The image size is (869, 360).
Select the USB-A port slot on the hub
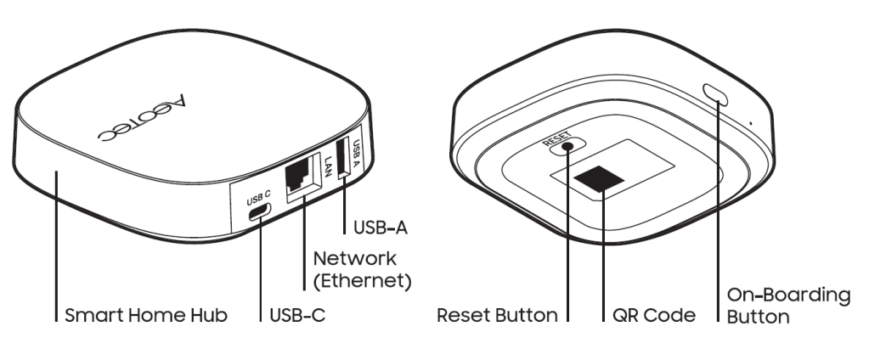click(x=345, y=161)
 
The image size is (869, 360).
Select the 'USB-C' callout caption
click(x=296, y=316)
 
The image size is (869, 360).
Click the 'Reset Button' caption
click(x=497, y=316)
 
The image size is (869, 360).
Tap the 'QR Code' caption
click(x=654, y=316)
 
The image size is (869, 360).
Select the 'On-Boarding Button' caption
click(x=787, y=306)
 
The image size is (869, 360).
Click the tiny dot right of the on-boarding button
click(x=751, y=124)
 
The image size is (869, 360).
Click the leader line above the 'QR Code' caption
click(x=603, y=255)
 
